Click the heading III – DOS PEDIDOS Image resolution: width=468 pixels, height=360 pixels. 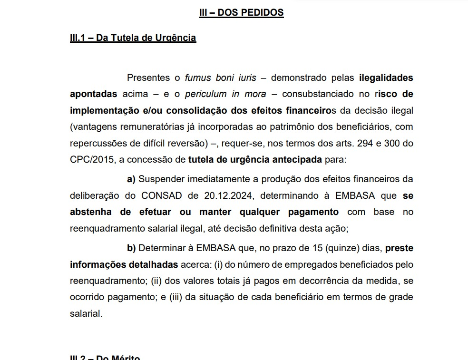pos(241,13)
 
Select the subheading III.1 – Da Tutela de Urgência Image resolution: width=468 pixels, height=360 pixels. pos(133,38)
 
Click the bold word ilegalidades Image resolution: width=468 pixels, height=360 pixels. pos(386,78)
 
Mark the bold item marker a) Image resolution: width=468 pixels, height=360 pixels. pos(131,179)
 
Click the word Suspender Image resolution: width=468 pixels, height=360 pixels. pos(160,179)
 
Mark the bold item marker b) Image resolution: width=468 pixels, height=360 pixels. pos(131,248)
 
